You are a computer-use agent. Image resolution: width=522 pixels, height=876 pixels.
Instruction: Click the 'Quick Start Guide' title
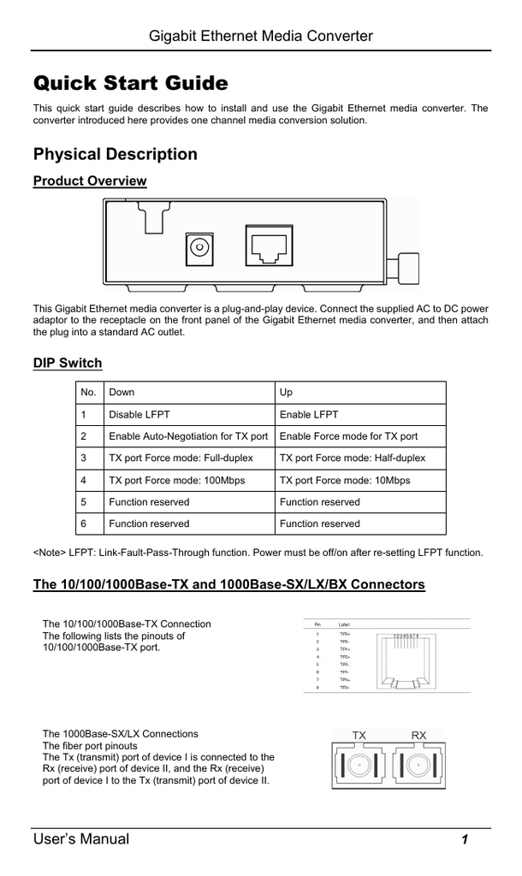click(130, 84)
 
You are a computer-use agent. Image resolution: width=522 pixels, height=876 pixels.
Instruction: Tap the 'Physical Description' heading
click(115, 154)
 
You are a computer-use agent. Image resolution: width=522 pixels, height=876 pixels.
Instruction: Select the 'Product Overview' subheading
click(89, 181)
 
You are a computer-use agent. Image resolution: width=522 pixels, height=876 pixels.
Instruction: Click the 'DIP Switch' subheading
click(67, 363)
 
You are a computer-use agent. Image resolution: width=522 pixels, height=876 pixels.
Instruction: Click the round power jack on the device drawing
click(199, 248)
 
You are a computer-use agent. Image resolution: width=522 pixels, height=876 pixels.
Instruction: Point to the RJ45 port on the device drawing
click(268, 246)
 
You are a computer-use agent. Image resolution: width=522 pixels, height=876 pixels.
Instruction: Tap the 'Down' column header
click(122, 393)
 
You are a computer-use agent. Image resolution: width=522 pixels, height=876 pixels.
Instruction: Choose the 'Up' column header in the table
click(286, 393)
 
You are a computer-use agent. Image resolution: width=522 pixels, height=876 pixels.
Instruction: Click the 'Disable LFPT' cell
click(139, 415)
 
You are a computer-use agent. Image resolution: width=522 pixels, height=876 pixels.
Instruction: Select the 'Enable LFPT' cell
click(309, 415)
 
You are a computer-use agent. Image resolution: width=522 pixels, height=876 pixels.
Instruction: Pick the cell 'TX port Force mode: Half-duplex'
click(352, 459)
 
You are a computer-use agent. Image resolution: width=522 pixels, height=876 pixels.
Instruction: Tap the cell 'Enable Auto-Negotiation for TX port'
click(188, 436)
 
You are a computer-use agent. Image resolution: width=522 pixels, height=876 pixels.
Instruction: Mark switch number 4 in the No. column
click(84, 481)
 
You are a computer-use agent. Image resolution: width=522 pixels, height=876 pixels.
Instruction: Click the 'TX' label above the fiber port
click(359, 735)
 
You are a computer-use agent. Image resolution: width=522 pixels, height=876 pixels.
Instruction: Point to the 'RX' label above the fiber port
click(418, 735)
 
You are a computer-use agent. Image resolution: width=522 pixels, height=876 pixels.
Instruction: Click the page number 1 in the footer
click(464, 839)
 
